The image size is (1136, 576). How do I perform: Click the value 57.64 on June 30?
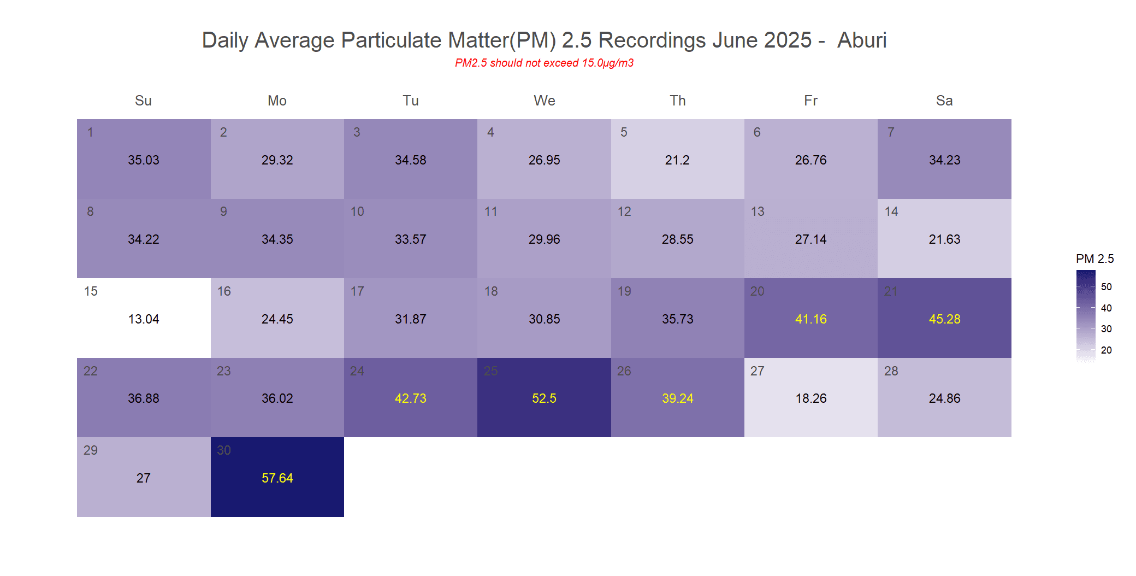(277, 478)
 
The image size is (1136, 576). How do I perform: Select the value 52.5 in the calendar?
(544, 398)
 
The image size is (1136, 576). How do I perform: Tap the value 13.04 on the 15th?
(144, 319)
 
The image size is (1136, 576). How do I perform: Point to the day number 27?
(757, 371)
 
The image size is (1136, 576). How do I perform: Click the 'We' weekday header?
(544, 101)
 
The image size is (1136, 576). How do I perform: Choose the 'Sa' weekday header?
(944, 101)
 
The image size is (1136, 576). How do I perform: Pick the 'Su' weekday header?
(143, 101)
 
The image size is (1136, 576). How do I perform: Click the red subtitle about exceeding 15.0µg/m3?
(544, 63)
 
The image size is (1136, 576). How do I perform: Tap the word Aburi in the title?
(862, 40)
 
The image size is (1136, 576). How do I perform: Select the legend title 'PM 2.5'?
(1094, 258)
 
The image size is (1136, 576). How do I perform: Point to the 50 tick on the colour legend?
(1106, 287)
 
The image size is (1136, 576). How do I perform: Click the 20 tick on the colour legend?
(1106, 350)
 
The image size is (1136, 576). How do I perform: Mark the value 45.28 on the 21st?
(944, 319)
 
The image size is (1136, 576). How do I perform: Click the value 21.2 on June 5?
(677, 160)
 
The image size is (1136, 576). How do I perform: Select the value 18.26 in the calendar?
(811, 398)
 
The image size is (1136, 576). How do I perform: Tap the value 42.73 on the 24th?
(411, 398)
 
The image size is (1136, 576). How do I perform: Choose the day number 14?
(891, 211)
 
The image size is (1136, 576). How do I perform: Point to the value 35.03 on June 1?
(144, 160)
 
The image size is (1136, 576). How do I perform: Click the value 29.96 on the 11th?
(544, 239)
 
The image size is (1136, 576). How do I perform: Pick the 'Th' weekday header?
(677, 101)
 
